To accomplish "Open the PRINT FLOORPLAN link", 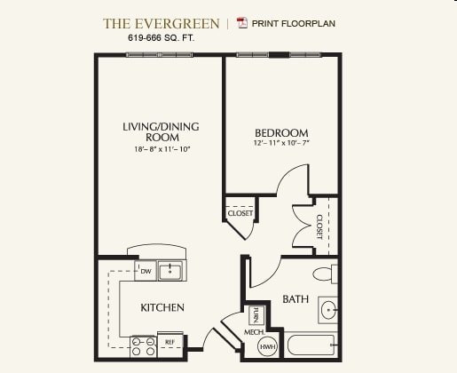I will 295,23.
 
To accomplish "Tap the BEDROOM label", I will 280,132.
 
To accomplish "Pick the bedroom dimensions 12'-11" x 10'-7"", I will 280,143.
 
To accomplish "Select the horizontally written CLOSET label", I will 240,213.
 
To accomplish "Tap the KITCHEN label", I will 162,307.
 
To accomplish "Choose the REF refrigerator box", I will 169,341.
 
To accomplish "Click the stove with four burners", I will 143,345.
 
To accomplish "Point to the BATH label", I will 295,299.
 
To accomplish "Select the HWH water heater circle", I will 268,346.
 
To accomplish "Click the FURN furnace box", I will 255,315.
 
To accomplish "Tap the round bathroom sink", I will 327,310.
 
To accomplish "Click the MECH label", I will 255,332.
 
